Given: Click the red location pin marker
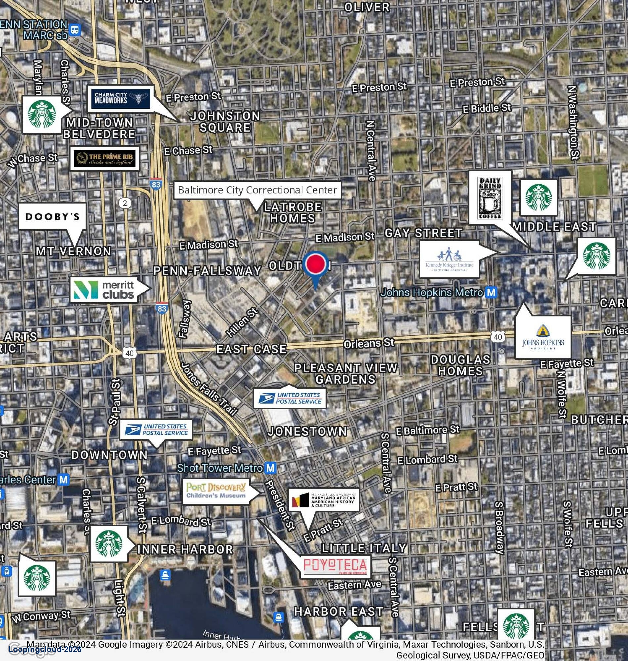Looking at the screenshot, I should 315,263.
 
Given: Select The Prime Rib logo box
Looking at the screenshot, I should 105,159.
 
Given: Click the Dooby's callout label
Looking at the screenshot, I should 52,216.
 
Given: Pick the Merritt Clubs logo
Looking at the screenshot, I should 104,290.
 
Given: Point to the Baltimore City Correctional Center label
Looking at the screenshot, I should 257,190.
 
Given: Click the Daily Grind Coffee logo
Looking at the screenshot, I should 490,198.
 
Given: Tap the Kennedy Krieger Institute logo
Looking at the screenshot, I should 449,259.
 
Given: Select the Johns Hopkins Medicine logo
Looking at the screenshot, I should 543,337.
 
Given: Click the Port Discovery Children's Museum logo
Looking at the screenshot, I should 216,491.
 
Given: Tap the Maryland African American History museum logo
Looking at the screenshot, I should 324,500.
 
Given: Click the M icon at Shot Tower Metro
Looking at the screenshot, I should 271,468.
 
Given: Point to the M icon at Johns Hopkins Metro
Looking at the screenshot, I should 491,293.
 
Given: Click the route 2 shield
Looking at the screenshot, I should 125,203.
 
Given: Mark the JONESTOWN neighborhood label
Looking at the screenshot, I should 307,432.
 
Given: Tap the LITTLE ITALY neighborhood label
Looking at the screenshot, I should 364,548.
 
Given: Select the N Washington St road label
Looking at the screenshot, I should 573,122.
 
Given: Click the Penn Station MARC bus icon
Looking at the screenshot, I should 75,30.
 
